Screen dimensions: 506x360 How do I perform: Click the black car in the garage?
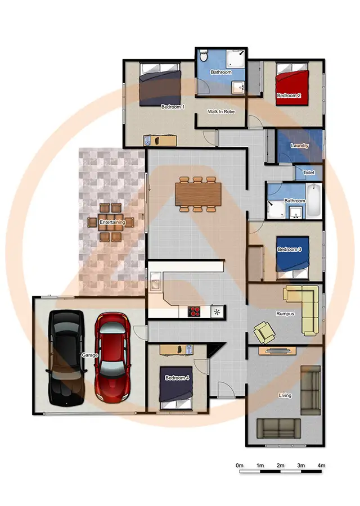click(67, 357)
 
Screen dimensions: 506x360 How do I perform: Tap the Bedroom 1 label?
click(173, 107)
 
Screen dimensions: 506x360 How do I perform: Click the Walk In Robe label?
click(221, 112)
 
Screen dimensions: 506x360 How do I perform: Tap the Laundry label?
click(300, 146)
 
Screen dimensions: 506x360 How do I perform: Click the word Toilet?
click(309, 173)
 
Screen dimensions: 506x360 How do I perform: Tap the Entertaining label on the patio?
click(112, 223)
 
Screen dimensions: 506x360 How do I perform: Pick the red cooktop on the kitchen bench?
click(195, 311)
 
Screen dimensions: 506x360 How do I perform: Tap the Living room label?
click(285, 396)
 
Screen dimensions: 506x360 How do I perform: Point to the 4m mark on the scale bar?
click(321, 466)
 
